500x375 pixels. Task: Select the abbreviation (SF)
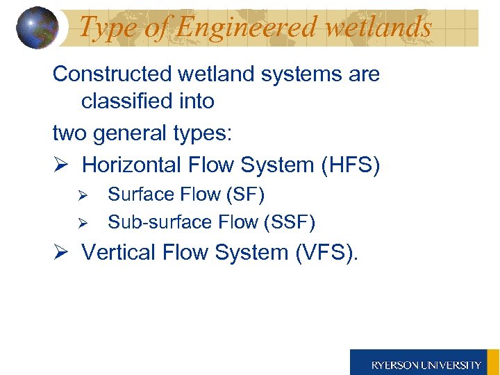coord(245,194)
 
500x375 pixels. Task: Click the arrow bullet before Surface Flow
coord(81,195)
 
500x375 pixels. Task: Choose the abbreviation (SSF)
coord(290,222)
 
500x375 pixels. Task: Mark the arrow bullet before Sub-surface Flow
coord(81,223)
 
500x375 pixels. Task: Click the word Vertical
coord(116,252)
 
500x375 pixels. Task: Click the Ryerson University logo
coord(424,364)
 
